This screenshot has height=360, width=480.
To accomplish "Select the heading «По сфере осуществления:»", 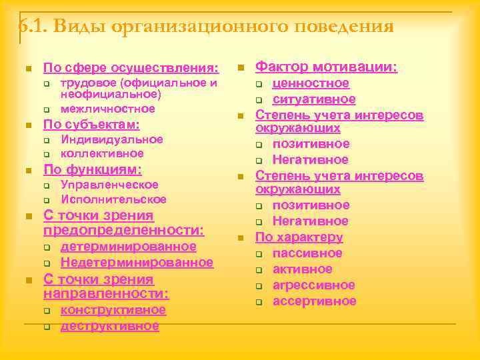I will (x=131, y=68).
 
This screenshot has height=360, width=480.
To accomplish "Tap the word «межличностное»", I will (x=107, y=109).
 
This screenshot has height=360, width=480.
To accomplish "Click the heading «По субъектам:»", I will (x=91, y=125).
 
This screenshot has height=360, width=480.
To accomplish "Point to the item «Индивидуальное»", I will (x=111, y=139).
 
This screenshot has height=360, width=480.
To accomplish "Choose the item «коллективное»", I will (x=102, y=153).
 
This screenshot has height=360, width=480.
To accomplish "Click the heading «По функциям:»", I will (x=92, y=169).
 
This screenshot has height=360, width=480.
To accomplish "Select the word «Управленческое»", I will (x=109, y=185).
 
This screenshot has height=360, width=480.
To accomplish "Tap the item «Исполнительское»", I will (x=113, y=199).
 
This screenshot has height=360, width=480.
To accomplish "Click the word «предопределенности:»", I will (x=123, y=231).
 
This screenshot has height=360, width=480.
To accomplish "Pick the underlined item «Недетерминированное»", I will (x=137, y=262).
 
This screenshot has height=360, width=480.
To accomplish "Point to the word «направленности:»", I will (x=106, y=293).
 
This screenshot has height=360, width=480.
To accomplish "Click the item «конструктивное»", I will (x=113, y=310).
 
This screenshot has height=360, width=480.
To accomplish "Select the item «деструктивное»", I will (x=109, y=326).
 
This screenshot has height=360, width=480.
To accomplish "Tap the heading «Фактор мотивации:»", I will (x=327, y=67).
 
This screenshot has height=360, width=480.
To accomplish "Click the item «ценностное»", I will (x=311, y=83).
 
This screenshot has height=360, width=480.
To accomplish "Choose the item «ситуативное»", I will (x=314, y=99).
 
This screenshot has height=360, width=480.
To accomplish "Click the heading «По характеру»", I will (x=299, y=237).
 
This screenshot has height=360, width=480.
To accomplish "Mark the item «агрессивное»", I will (x=313, y=285).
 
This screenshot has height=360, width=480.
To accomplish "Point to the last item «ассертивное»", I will (x=314, y=301).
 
